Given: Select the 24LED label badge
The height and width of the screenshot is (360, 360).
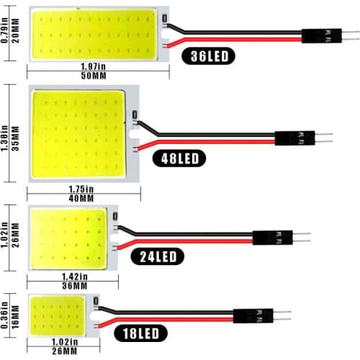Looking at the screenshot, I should (x=158, y=256).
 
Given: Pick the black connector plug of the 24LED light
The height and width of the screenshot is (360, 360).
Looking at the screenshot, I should (x=272, y=237).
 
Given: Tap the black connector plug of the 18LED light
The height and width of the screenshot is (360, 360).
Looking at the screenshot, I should (x=253, y=315).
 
